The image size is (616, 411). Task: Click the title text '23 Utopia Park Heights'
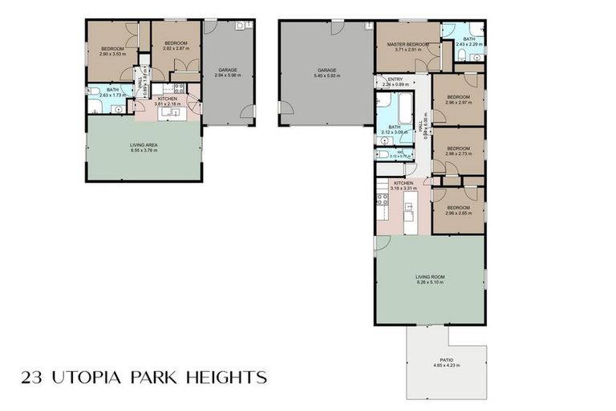click(144, 376)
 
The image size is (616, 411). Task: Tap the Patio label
click(446, 360)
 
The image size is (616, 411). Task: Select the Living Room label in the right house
click(430, 276)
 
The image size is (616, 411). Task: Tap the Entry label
click(395, 79)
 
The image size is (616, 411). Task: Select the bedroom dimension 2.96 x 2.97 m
click(457, 103)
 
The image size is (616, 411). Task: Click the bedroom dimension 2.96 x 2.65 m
click(457, 214)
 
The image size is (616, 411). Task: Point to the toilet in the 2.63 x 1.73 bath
click(94, 91)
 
